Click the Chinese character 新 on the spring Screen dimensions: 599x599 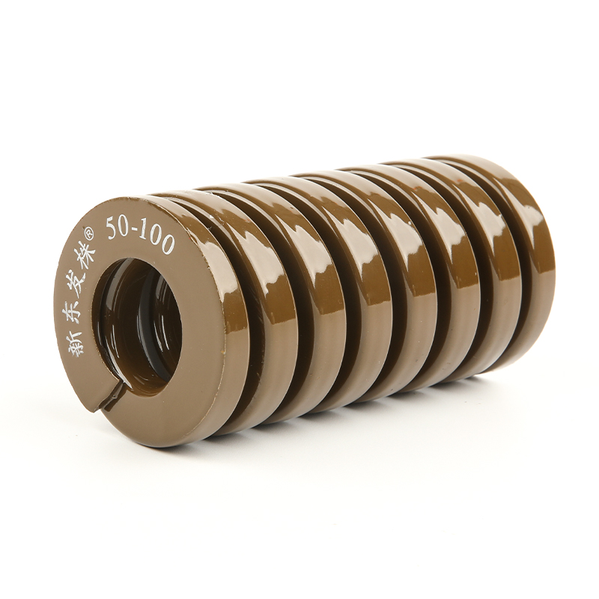[x=78, y=341]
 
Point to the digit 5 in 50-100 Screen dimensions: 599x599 [x=111, y=228]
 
